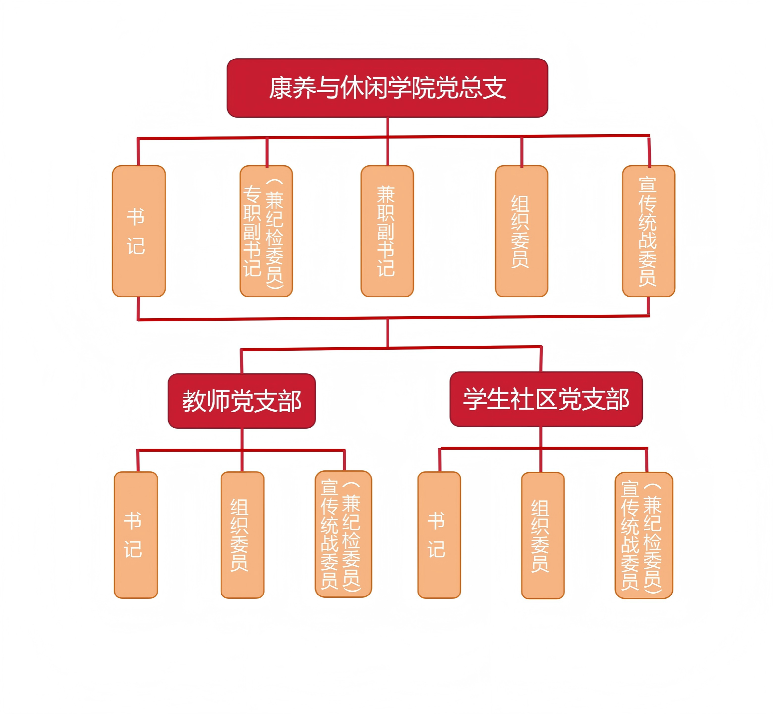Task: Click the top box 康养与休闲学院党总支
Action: point(387,88)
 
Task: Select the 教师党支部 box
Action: point(242,401)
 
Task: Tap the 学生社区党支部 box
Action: point(546,399)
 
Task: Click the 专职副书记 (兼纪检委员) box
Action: point(266,231)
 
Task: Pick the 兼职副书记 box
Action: point(387,231)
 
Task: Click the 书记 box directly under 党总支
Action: point(139,231)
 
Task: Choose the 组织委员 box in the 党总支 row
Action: point(521,231)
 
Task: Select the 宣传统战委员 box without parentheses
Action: point(648,231)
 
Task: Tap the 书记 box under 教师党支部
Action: point(136,535)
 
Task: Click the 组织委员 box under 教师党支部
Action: point(242,535)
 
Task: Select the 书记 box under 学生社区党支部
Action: point(439,535)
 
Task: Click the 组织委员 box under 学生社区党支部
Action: point(543,535)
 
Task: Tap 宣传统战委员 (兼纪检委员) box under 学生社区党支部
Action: point(644,535)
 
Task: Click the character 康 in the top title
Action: point(280,88)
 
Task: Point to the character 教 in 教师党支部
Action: point(194,401)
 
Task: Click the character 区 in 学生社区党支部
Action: point(546,399)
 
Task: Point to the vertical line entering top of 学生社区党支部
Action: point(541,359)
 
